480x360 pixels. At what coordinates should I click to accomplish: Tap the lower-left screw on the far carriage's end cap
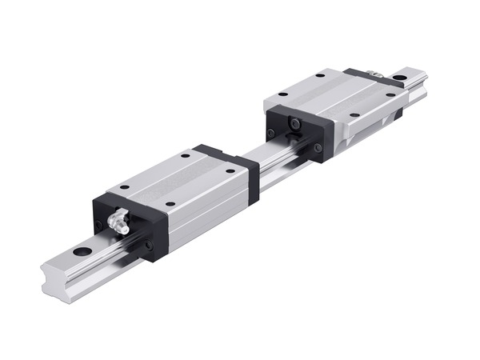(271, 133)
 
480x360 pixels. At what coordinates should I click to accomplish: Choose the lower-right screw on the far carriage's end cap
(318, 148)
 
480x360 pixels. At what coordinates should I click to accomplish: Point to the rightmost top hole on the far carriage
(390, 94)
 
